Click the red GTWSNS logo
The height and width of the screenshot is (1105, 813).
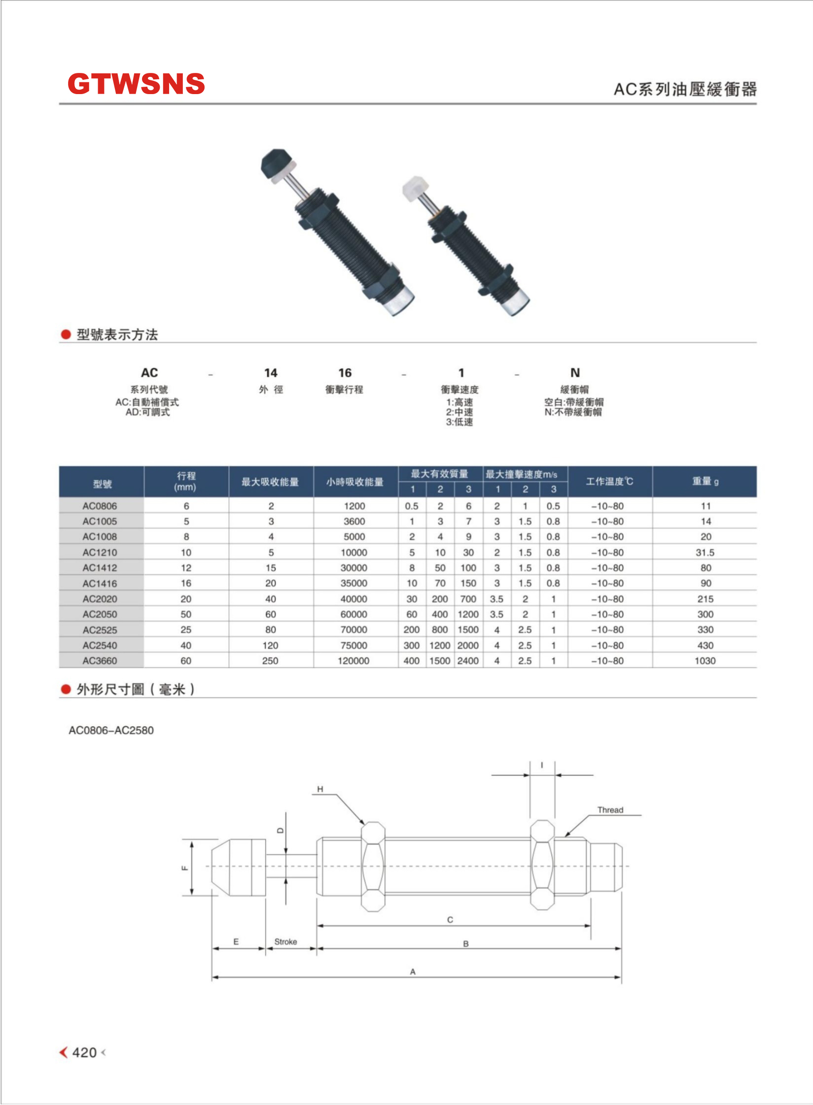click(136, 84)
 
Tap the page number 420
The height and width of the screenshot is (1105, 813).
click(84, 1053)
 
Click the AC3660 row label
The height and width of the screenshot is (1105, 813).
click(100, 661)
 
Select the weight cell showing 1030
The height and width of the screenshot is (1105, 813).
click(705, 661)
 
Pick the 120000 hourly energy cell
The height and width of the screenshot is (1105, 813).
click(353, 661)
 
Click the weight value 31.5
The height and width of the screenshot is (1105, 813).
click(705, 552)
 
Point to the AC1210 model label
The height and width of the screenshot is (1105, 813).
click(100, 552)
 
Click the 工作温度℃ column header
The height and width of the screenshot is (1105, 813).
click(610, 481)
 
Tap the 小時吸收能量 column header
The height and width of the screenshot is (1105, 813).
click(355, 482)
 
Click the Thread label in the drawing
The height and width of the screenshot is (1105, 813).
click(610, 810)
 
